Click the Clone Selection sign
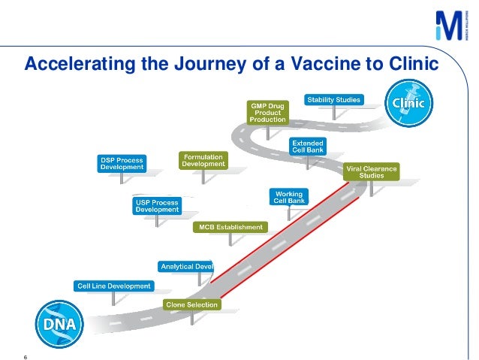(x=192, y=304)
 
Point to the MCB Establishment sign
(x=230, y=227)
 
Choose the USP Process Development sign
(x=158, y=206)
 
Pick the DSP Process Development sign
(x=122, y=164)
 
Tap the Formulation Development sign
(x=203, y=160)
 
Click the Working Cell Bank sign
(x=288, y=197)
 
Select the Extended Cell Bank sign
(x=308, y=146)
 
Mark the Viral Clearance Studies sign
(x=372, y=171)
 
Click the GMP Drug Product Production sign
(x=267, y=112)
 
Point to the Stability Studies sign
(x=333, y=99)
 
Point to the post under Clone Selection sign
(x=192, y=317)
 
